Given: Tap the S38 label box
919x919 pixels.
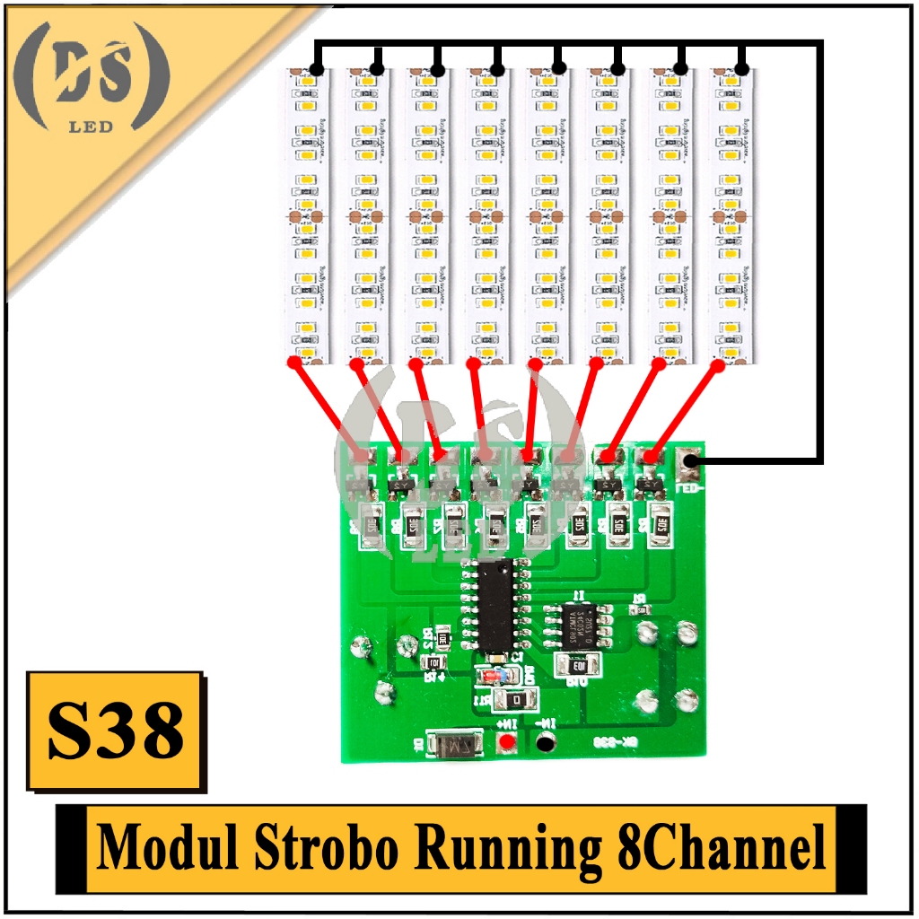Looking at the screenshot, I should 115,731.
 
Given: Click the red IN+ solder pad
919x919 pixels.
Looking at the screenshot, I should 508,741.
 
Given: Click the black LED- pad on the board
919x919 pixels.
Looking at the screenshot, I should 689,463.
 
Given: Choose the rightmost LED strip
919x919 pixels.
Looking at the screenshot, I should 731,215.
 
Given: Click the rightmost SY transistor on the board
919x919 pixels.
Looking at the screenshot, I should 648,486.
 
